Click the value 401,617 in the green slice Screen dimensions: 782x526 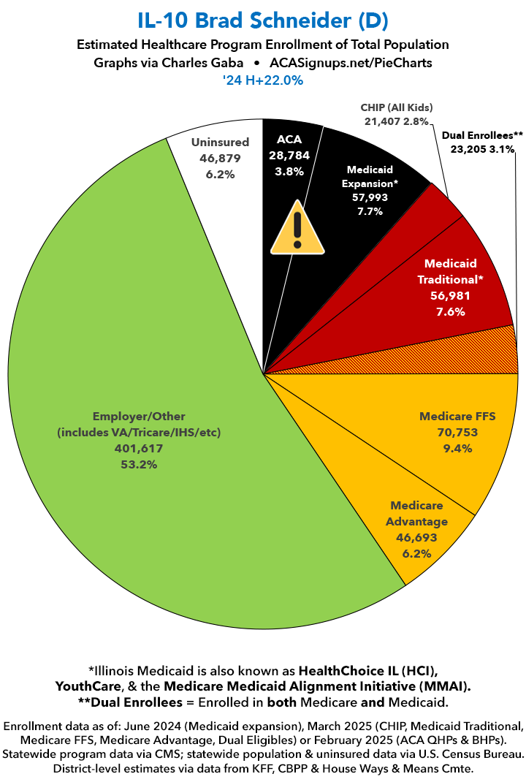[139, 449]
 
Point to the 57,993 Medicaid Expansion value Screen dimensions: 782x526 [373, 197]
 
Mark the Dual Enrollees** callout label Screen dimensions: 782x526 [482, 135]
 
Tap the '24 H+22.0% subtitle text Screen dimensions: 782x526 [263, 80]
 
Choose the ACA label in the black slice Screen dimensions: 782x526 [289, 139]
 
